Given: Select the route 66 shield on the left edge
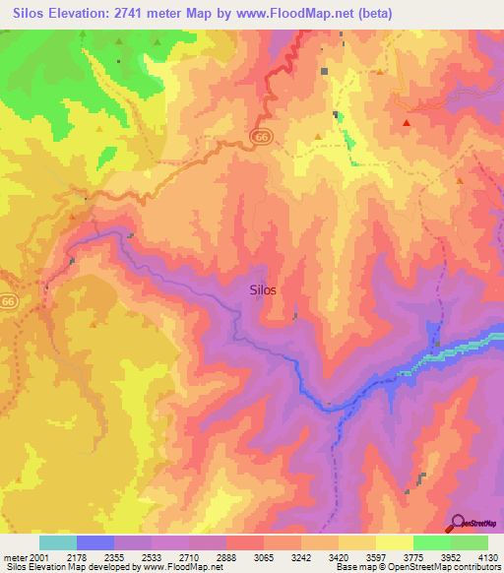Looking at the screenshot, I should [x=8, y=300].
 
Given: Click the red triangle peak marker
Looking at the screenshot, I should [x=406, y=123].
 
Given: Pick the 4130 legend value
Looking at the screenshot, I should [x=486, y=556].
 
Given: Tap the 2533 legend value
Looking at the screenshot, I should [x=152, y=556].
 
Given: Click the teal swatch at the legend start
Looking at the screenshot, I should [x=58, y=542].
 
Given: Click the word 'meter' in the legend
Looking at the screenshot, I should [x=14, y=556].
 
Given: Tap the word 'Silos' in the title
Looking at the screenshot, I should [x=30, y=14].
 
